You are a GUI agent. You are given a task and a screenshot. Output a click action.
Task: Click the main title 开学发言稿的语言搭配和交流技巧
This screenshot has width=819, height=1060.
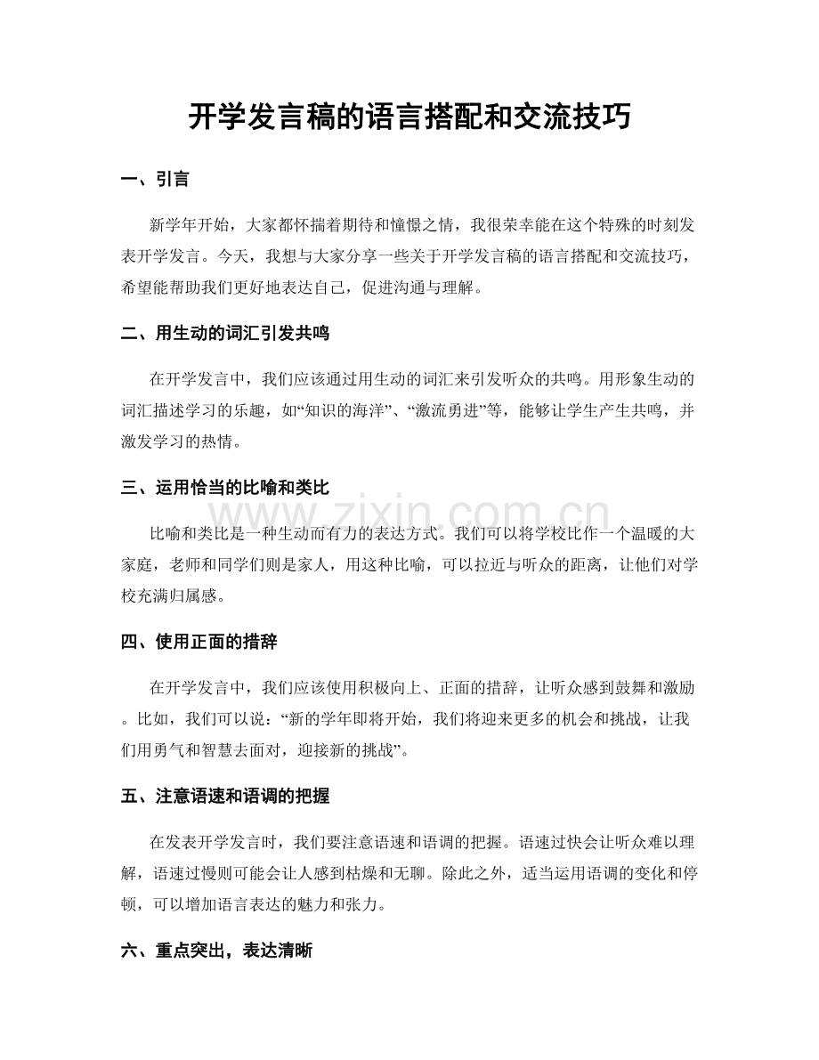pos(409,117)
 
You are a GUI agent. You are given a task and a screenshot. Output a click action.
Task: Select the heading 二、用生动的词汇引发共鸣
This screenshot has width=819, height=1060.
pos(228,333)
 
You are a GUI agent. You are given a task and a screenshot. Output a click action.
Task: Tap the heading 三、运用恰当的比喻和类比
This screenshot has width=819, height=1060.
pos(228,487)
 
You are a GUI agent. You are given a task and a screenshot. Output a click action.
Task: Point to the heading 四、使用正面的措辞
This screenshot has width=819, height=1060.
pos(201,641)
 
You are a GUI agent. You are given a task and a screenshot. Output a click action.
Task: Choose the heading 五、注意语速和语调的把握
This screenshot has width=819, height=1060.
pos(228,795)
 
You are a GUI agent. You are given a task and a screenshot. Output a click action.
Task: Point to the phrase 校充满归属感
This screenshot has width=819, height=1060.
pos(170,595)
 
